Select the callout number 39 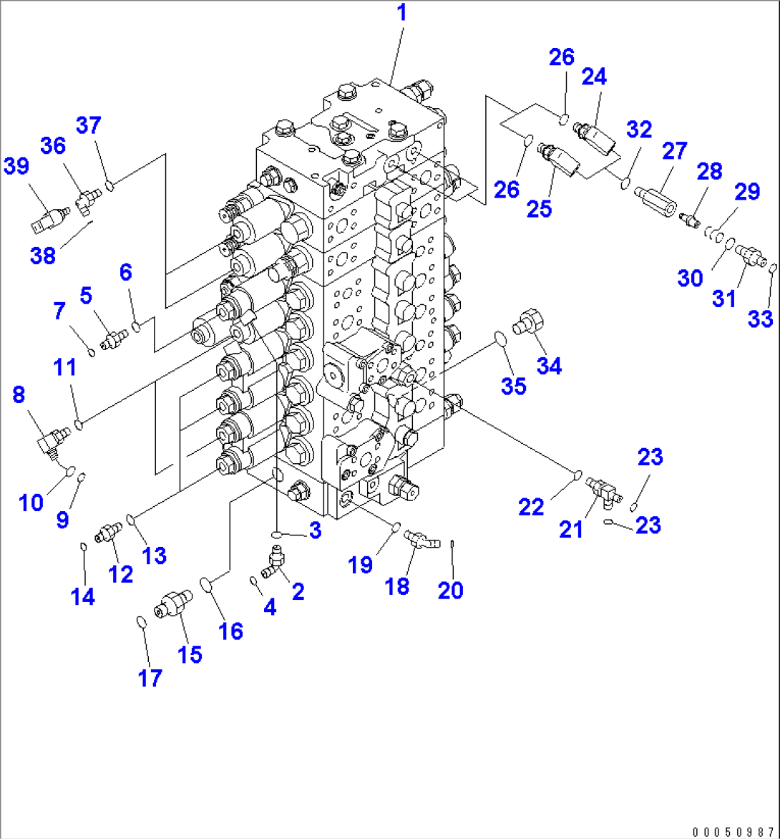(16, 167)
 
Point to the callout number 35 (513, 386)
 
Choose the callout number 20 (452, 591)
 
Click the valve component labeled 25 (562, 159)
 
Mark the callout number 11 (65, 369)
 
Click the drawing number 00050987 (732, 831)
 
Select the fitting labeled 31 (749, 254)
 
